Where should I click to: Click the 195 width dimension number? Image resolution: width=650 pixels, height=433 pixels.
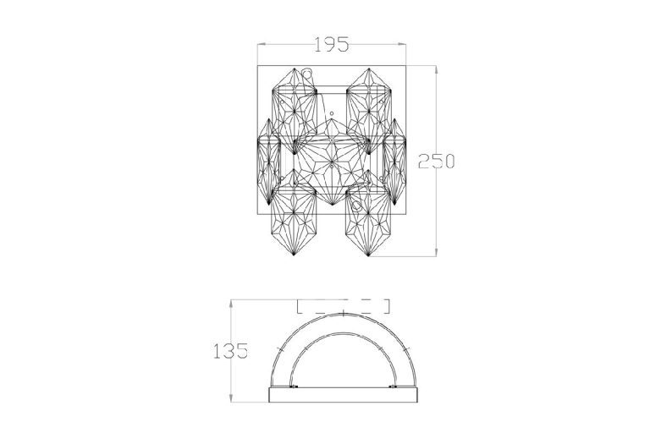(x=332, y=44)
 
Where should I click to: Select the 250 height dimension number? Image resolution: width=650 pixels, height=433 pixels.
(x=436, y=161)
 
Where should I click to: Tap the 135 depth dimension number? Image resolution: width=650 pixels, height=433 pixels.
(x=230, y=351)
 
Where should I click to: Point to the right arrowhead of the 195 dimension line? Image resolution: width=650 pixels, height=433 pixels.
(x=402, y=44)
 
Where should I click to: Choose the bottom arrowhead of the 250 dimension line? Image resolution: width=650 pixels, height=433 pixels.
(x=436, y=251)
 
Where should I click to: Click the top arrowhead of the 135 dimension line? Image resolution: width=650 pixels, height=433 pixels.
(x=231, y=304)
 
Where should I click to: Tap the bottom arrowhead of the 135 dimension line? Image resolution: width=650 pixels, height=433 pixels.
(x=231, y=397)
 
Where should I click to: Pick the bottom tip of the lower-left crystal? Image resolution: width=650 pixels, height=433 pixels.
(x=294, y=255)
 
